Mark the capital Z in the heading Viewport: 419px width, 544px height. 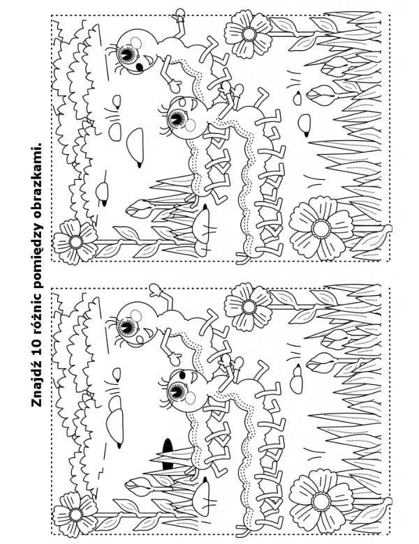pyautogui.click(x=36, y=402)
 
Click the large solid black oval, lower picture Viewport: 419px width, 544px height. pyautogui.click(x=168, y=453)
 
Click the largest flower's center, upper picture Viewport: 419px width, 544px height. pyautogui.click(x=321, y=229)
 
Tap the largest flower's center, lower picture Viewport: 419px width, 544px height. pyautogui.click(x=321, y=501)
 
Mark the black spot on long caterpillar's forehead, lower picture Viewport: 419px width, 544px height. pyautogui.click(x=182, y=375)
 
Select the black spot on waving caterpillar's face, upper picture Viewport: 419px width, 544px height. pyautogui.click(x=140, y=66)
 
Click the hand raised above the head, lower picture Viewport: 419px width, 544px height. pyautogui.click(x=154, y=290)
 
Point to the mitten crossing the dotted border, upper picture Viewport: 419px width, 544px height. pyautogui.click(x=180, y=15)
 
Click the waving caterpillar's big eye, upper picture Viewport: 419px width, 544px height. pyautogui.click(x=127, y=54)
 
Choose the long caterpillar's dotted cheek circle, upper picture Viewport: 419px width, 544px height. pyautogui.click(x=191, y=125)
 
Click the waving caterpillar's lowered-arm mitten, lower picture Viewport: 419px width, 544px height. pyautogui.click(x=175, y=358)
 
